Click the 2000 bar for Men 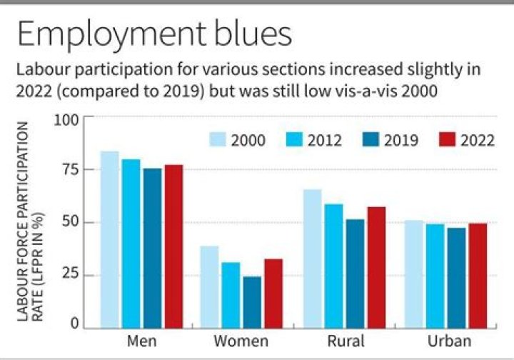(x=109, y=239)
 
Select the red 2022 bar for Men (x=174, y=246)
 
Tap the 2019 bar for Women (x=252, y=302)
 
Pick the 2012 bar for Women (x=231, y=295)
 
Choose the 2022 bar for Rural (x=376, y=267)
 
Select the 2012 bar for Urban (x=434, y=276)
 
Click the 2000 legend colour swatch (x=217, y=139)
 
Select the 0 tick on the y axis (x=74, y=325)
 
